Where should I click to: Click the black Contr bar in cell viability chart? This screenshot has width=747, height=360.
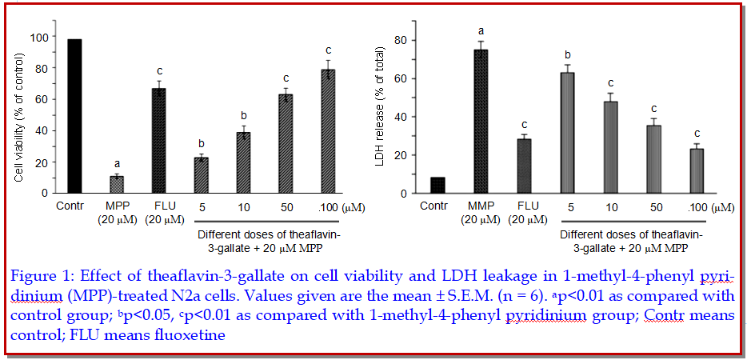[x=75, y=116]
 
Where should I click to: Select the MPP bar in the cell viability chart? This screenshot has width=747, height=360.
[x=117, y=185]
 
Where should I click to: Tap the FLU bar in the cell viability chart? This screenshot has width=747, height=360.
[x=159, y=141]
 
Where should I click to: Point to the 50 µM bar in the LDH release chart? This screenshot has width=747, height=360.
[x=653, y=159]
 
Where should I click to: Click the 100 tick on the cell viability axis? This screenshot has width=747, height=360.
[x=38, y=37]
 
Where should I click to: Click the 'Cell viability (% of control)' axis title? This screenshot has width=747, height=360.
[x=19, y=116]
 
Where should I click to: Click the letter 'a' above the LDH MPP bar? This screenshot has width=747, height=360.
[x=481, y=31]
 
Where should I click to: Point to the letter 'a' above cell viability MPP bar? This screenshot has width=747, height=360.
[x=117, y=162]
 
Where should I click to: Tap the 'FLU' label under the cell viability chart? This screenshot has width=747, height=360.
[x=159, y=206]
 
